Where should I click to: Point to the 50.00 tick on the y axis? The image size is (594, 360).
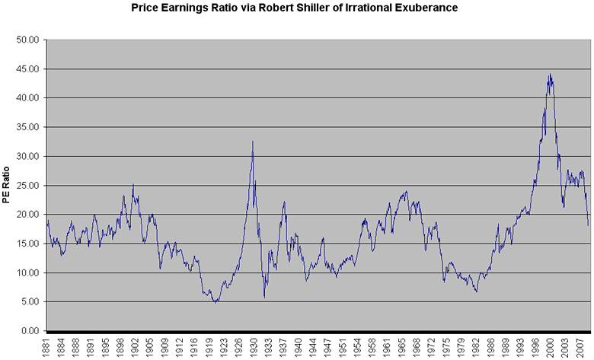click(x=28, y=40)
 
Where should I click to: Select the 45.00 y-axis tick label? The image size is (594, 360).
click(x=28, y=68)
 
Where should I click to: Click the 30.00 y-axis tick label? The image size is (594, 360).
click(x=28, y=156)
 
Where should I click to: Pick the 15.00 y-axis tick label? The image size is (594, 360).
click(x=28, y=244)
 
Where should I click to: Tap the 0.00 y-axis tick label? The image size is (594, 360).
click(x=30, y=331)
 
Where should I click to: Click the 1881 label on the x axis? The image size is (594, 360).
click(x=48, y=348)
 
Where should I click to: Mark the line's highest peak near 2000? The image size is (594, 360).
click(x=550, y=74)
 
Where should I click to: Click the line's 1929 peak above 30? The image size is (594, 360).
click(x=253, y=141)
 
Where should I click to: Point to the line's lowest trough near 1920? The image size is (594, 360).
click(x=216, y=302)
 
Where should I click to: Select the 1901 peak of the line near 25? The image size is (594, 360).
click(x=133, y=184)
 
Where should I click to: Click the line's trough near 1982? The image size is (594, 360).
click(x=476, y=292)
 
